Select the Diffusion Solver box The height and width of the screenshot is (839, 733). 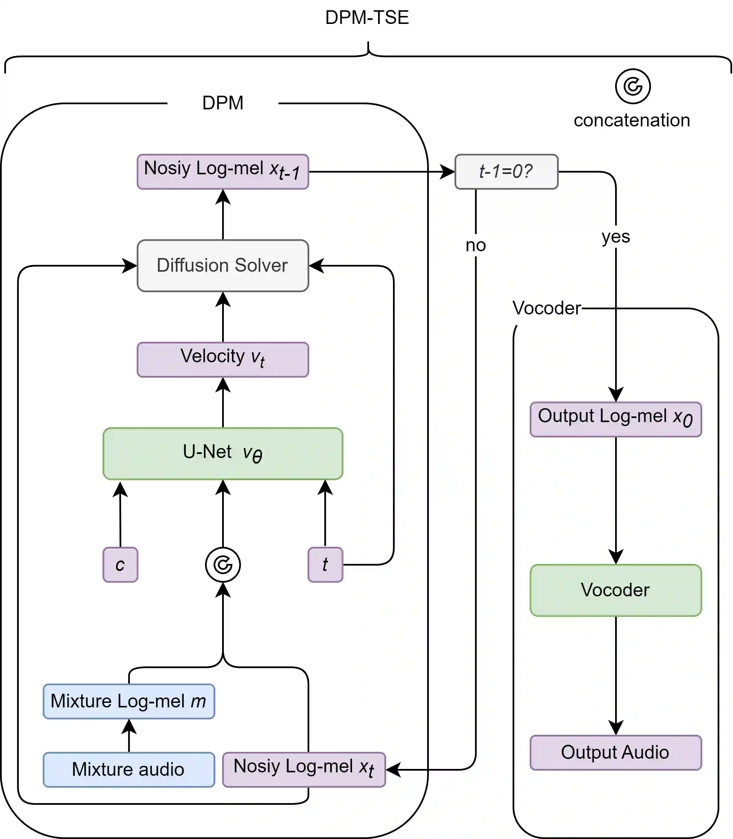coord(222,265)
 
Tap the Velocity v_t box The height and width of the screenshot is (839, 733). coord(222,359)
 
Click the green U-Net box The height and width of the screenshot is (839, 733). coord(222,453)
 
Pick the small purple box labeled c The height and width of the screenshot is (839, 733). coord(120,564)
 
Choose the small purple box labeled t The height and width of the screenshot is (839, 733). coord(325,564)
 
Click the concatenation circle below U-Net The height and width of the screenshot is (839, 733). coord(222,564)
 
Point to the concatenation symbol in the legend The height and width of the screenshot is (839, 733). coord(632,86)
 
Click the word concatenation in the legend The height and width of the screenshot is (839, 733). coord(632,120)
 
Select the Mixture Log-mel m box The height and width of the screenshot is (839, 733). coord(129,701)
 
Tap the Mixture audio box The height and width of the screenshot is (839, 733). coord(129,769)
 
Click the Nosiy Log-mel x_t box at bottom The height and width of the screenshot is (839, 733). coord(304,769)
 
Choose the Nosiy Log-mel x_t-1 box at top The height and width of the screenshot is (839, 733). coord(222,171)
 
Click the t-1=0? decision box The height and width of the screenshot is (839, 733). coord(506,171)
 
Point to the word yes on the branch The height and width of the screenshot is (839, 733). coord(616,236)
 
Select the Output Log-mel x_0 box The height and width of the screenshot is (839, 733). coord(616,419)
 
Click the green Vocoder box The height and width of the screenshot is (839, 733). coord(616,590)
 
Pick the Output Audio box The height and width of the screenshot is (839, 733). coord(616,752)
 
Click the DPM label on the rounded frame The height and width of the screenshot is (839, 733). coord(222,103)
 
